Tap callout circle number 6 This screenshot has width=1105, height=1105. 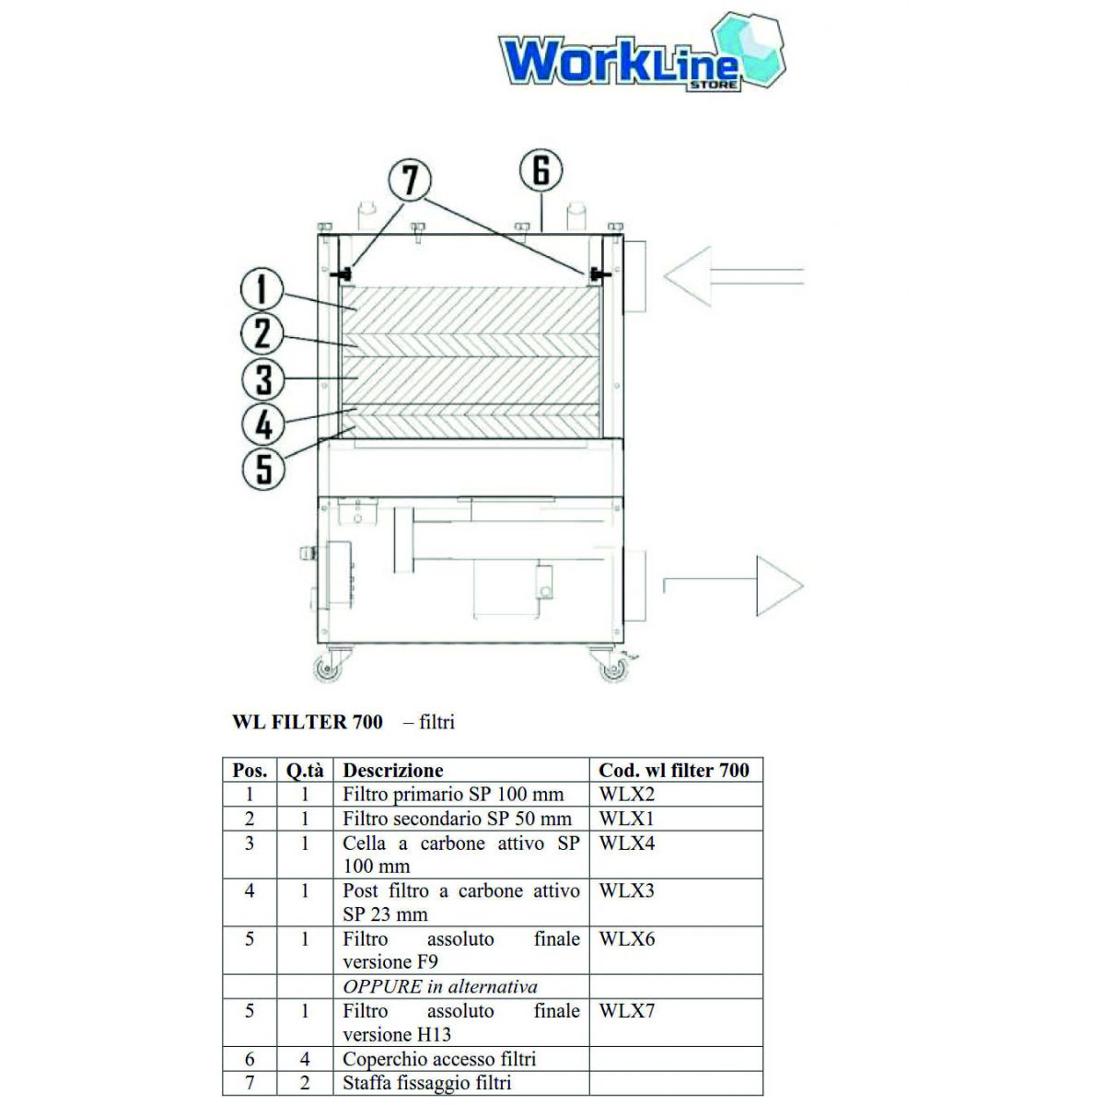pyautogui.click(x=541, y=170)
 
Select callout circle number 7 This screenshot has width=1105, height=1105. pyautogui.click(x=410, y=179)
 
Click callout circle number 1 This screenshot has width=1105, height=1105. pyautogui.click(x=262, y=289)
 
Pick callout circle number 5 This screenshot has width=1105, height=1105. pyautogui.click(x=264, y=468)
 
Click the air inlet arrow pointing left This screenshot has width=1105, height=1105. pyautogui.click(x=732, y=274)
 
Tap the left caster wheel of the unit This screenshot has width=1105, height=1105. pyautogui.click(x=327, y=669)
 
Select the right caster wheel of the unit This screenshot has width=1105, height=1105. pyautogui.click(x=612, y=669)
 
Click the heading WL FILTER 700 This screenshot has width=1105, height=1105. pyautogui.click(x=307, y=722)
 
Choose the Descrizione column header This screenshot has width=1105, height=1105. pyautogui.click(x=393, y=771)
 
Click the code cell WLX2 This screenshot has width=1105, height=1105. pyautogui.click(x=627, y=795)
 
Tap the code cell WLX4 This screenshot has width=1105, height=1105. pyautogui.click(x=627, y=843)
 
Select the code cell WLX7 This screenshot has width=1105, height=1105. pyautogui.click(x=627, y=1011)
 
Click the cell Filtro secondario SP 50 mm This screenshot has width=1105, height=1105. pyautogui.click(x=457, y=819)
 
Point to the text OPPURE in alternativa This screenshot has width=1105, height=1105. pyautogui.click(x=440, y=987)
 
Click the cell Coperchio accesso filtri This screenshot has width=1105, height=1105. pyautogui.click(x=439, y=1059)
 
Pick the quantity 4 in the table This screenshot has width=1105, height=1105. pyautogui.click(x=305, y=1059)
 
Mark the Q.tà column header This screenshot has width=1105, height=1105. pyautogui.click(x=305, y=771)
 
